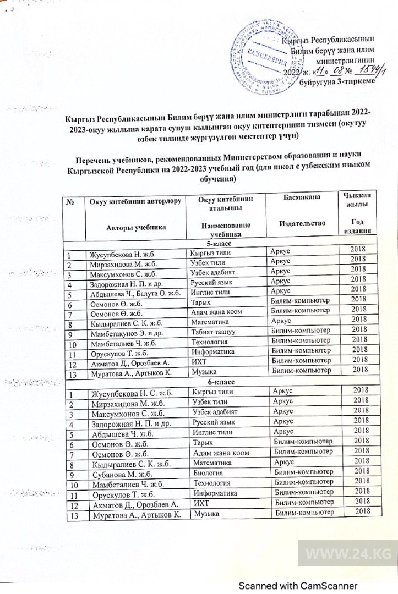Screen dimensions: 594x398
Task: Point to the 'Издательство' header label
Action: (x=302, y=223)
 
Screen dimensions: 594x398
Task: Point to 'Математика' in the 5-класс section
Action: (x=211, y=320)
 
